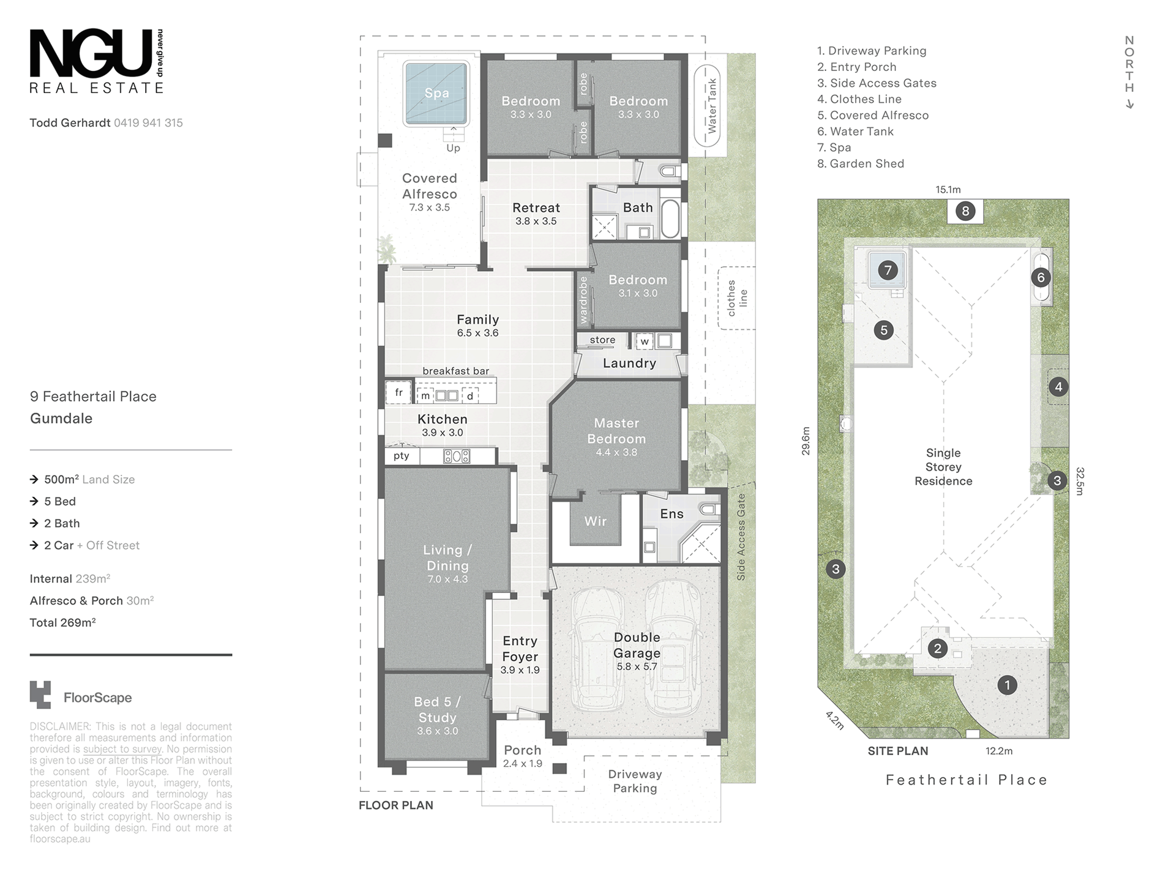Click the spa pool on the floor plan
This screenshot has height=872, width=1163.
436,93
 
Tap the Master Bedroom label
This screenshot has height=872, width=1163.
616,431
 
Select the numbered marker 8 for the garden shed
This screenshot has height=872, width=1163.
965,212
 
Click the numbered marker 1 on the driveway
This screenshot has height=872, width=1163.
1008,685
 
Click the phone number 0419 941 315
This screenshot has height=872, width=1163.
148,123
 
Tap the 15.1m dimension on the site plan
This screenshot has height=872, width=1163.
948,190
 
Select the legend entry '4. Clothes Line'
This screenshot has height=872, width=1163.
859,99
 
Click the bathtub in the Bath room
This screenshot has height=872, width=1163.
670,218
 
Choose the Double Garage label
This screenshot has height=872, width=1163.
637,646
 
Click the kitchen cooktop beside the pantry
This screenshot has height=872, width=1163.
457,456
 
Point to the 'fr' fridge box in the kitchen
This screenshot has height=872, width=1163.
398,393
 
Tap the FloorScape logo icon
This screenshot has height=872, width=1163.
40,695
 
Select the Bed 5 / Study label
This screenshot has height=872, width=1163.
438,710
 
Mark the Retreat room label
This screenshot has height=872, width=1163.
536,208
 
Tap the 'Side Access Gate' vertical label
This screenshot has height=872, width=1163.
741,537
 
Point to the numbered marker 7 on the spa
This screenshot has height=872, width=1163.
888,270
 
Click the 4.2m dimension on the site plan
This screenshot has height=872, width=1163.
835,720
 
